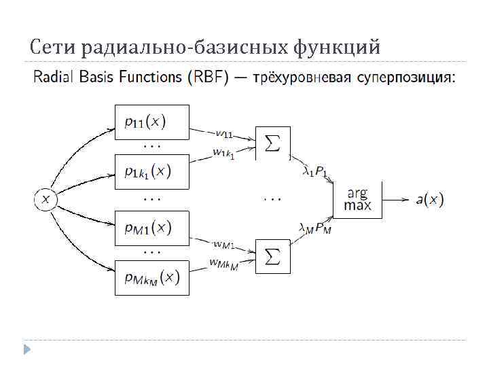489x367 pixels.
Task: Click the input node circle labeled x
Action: (x=46, y=199)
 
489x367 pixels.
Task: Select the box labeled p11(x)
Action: (x=151, y=122)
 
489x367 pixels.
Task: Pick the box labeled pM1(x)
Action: (x=151, y=227)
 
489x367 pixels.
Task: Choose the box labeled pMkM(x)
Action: (x=151, y=277)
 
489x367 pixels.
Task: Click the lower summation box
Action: (x=272, y=257)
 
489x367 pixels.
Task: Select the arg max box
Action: (x=358, y=200)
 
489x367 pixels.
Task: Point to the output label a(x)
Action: (x=429, y=200)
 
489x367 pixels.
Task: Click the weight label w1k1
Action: (x=222, y=154)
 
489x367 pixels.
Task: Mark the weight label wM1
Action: (x=223, y=244)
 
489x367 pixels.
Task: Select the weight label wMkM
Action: (x=223, y=264)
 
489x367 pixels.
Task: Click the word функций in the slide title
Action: (x=337, y=48)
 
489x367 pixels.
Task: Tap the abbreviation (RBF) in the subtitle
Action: (x=205, y=77)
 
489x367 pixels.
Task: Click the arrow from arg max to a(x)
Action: (x=395, y=200)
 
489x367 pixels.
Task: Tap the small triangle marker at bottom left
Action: (x=27, y=349)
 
